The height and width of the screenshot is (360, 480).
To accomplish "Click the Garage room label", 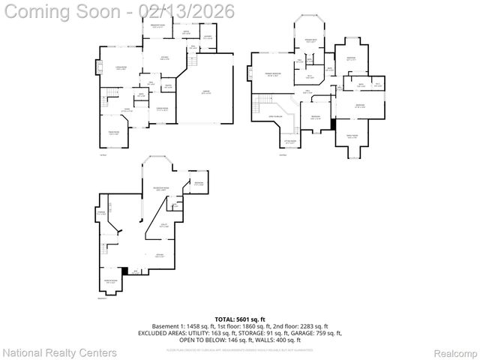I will [205, 92].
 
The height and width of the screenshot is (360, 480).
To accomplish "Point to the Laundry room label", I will [208, 37].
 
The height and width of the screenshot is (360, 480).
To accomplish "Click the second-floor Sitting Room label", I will [289, 141].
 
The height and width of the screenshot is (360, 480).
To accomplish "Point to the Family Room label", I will [352, 136].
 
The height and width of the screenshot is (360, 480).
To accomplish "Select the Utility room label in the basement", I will [163, 225].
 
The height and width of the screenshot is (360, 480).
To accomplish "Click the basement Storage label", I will [100, 213].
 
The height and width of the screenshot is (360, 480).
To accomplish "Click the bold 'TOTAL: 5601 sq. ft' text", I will [239, 319].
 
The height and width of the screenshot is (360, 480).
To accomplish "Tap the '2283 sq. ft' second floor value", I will [311, 326].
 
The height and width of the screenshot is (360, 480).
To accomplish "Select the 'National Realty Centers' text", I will [60, 352].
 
